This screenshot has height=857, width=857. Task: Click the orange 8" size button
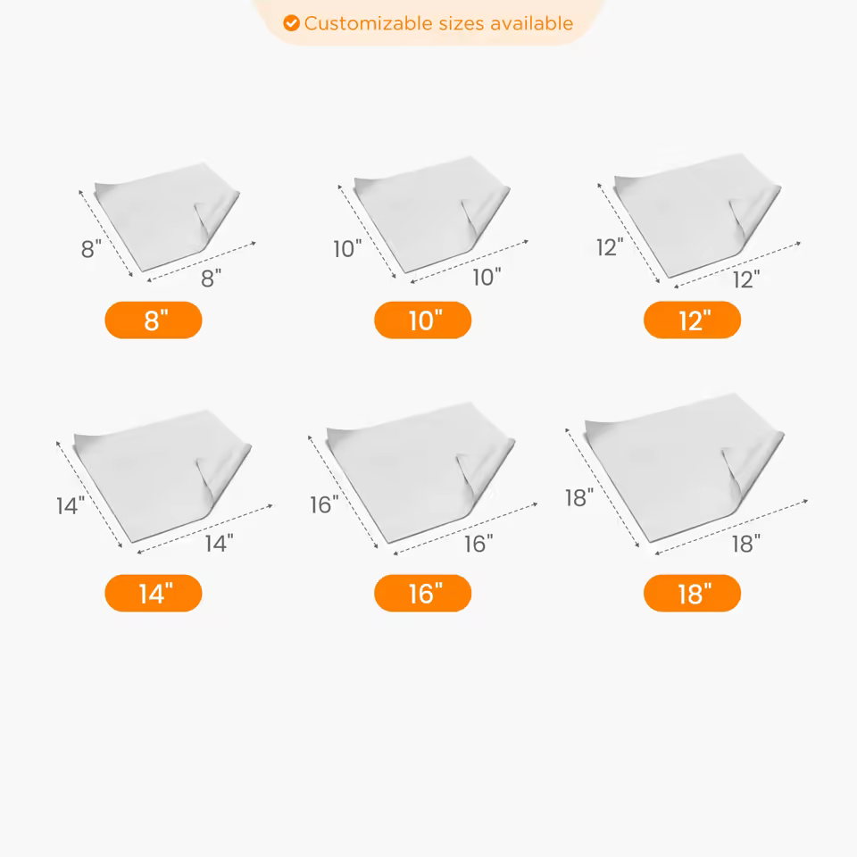coord(154,320)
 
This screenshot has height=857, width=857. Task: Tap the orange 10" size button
coord(423,320)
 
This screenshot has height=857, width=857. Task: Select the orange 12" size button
coord(692,320)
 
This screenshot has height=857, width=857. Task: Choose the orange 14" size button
coord(154,594)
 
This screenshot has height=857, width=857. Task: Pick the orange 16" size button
coord(423,594)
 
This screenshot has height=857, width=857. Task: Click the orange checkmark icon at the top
coord(291,23)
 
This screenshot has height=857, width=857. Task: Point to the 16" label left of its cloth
coord(324,505)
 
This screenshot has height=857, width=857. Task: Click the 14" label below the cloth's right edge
coord(219,543)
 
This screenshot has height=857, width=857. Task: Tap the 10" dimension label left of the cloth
coord(347,249)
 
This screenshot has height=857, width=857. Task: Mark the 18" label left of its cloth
coord(579,498)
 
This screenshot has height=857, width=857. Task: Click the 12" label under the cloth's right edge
coord(745,280)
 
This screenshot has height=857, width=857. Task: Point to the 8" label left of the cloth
coord(91,250)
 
